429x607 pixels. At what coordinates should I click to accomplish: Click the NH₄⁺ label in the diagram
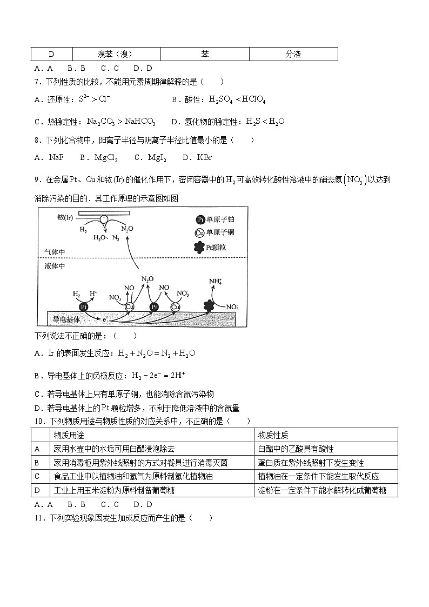[x=216, y=281]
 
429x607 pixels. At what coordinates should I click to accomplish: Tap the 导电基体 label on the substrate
[x=66, y=319]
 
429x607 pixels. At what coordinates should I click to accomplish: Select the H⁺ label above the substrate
[x=93, y=294]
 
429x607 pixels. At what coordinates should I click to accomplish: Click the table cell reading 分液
[x=293, y=54]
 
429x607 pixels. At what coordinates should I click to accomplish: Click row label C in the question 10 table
[x=37, y=476]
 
